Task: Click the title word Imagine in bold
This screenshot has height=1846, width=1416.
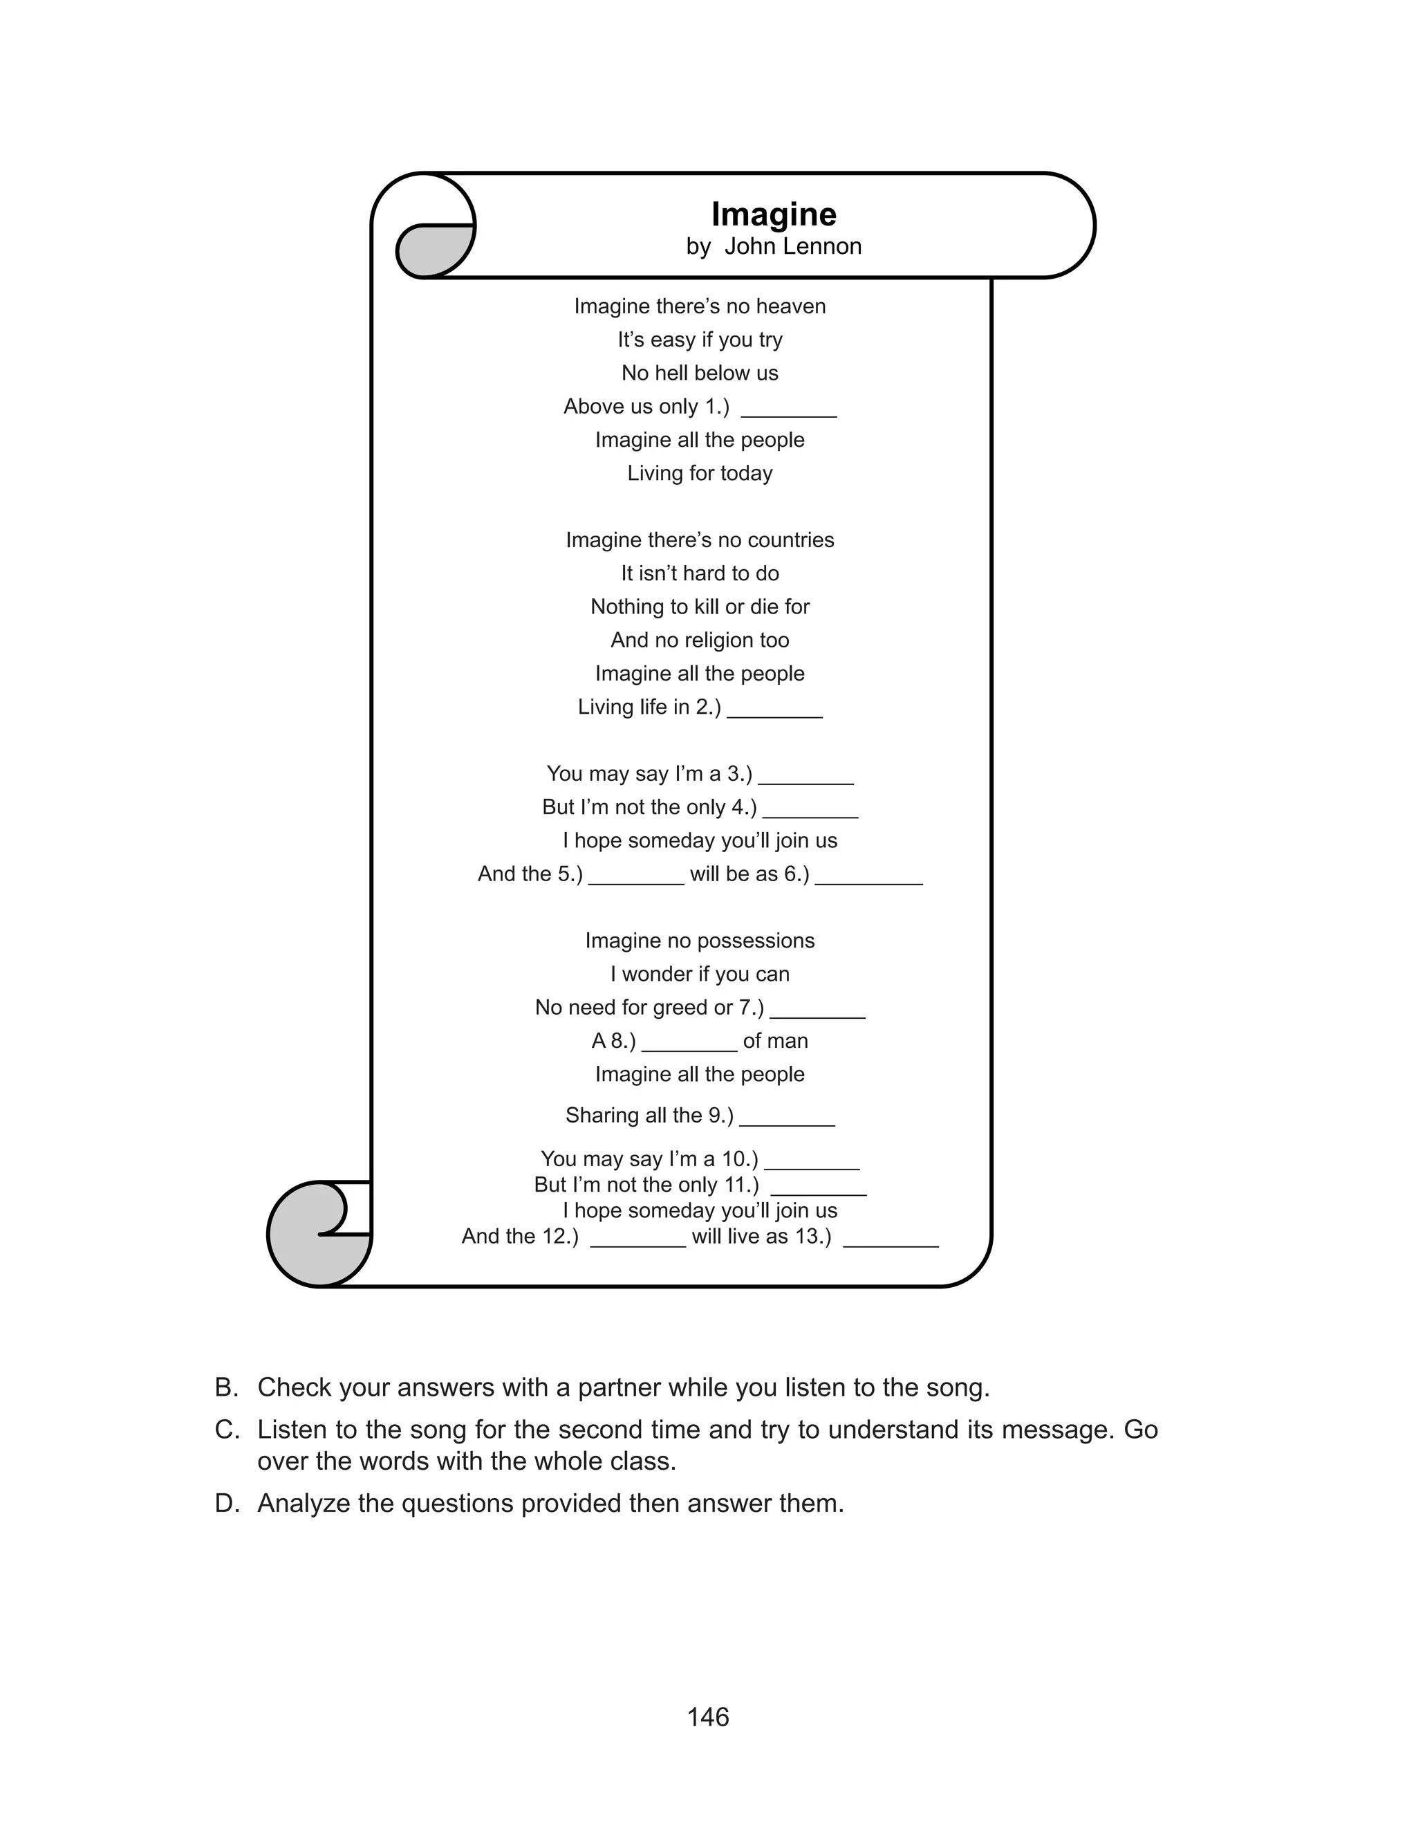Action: (x=773, y=214)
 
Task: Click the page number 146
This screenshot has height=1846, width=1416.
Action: (x=708, y=1717)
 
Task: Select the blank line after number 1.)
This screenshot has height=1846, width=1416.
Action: (x=788, y=412)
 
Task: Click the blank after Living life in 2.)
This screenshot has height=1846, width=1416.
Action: (x=774, y=712)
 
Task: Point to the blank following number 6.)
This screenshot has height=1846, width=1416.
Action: (x=868, y=879)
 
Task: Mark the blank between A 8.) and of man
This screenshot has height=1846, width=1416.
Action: (x=689, y=1046)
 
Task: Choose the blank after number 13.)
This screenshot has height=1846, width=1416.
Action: (x=890, y=1242)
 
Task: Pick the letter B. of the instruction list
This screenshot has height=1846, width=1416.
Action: (x=226, y=1387)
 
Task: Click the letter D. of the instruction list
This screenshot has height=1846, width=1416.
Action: (x=226, y=1503)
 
